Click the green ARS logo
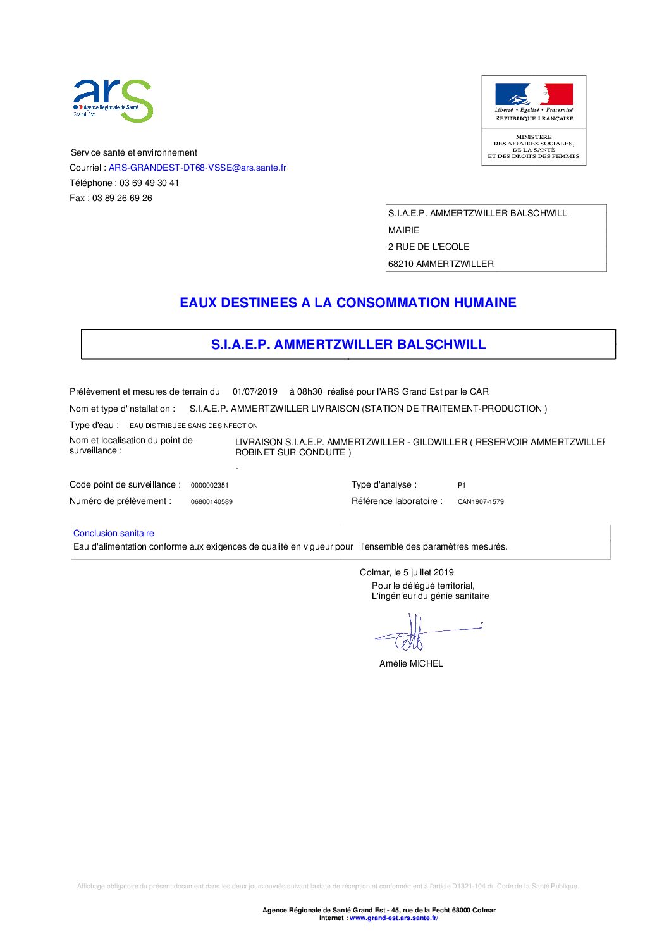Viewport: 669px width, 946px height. click(x=113, y=100)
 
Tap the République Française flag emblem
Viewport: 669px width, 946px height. click(x=534, y=95)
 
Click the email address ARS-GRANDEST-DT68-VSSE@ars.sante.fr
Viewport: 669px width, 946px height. click(x=197, y=168)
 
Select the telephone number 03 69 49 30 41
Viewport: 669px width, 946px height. click(x=149, y=183)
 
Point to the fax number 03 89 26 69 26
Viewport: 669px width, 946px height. click(x=122, y=198)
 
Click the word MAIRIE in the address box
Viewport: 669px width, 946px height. click(x=403, y=230)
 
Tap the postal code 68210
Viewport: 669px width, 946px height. click(x=400, y=264)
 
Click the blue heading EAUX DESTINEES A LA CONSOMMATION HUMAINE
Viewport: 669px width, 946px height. click(x=348, y=303)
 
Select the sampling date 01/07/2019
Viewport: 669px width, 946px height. click(x=255, y=391)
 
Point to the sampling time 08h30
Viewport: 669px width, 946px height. click(x=310, y=391)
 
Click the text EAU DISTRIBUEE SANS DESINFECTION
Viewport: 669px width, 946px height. click(x=193, y=426)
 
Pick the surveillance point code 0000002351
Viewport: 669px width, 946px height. click(x=209, y=486)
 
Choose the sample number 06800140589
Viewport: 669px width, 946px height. click(x=211, y=502)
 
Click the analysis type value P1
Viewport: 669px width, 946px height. click(x=462, y=486)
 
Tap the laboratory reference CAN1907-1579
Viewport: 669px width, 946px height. click(x=481, y=502)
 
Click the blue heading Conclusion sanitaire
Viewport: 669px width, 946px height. click(x=114, y=533)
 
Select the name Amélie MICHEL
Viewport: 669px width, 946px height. click(x=411, y=663)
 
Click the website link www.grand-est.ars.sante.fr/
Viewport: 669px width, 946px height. click(x=393, y=918)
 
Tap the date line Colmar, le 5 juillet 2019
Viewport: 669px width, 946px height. click(x=407, y=572)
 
